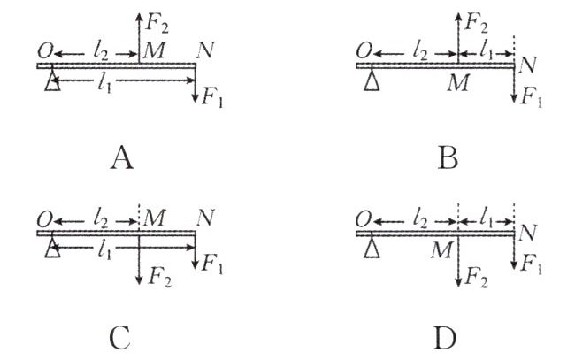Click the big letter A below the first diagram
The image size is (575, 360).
click(x=123, y=158)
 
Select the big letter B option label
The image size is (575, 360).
click(x=448, y=158)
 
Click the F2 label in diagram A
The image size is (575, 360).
click(x=154, y=18)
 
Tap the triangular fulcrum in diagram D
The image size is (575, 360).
click(x=371, y=251)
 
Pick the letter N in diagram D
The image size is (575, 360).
click(x=528, y=234)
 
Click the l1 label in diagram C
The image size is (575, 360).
click(x=107, y=251)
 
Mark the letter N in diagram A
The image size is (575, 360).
click(x=205, y=49)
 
